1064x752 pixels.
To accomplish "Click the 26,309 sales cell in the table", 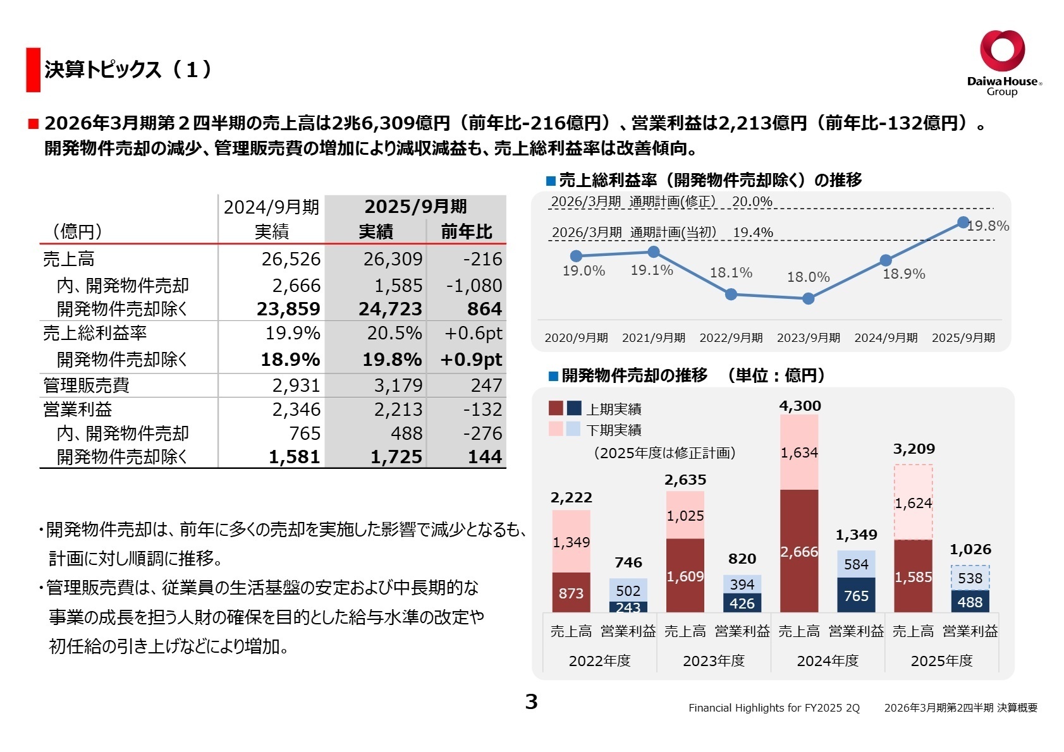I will point(392,259).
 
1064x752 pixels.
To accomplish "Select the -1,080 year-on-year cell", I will point(474,286).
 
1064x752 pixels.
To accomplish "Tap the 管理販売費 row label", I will point(86,385).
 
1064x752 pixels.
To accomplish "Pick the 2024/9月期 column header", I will point(271,207).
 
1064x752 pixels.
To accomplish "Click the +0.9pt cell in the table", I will point(471,360).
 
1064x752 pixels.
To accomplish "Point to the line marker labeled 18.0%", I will point(808,299).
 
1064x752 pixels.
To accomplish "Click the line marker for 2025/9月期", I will point(963,222).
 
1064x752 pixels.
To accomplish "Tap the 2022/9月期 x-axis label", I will point(731,338).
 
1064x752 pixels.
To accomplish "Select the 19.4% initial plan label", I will point(752,233).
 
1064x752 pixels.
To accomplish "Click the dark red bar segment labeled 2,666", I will point(799,551).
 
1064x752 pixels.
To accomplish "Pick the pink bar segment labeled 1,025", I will point(685,516).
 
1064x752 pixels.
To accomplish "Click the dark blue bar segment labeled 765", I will point(856,595).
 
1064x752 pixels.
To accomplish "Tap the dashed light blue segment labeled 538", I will point(970,578).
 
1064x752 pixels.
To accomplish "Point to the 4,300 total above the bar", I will point(800,406).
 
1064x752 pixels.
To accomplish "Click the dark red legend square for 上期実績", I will point(556,408).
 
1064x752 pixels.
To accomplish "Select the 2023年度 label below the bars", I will point(714,661).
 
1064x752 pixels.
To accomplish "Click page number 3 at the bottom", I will point(531,701).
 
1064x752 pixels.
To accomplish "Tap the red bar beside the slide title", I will point(33,70).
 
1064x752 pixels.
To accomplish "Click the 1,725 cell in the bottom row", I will point(396,457).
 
